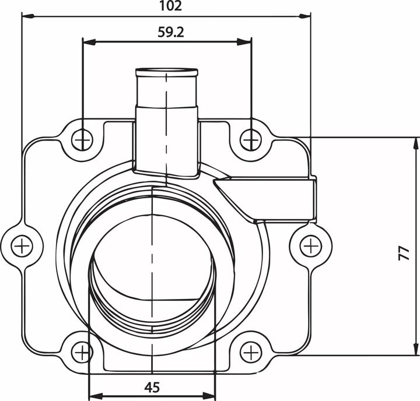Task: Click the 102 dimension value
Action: [x=170, y=6]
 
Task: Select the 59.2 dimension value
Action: [x=170, y=33]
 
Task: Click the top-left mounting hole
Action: [x=83, y=139]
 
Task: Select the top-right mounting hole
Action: [x=251, y=139]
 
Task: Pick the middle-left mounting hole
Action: [x=22, y=245]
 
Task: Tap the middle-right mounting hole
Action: [x=311, y=245]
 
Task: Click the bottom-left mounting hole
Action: [x=82, y=352]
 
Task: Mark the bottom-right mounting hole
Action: [x=251, y=352]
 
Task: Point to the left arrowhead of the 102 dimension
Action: [x=26, y=16]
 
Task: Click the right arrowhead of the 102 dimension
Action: [x=306, y=16]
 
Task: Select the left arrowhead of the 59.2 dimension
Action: [x=87, y=41]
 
